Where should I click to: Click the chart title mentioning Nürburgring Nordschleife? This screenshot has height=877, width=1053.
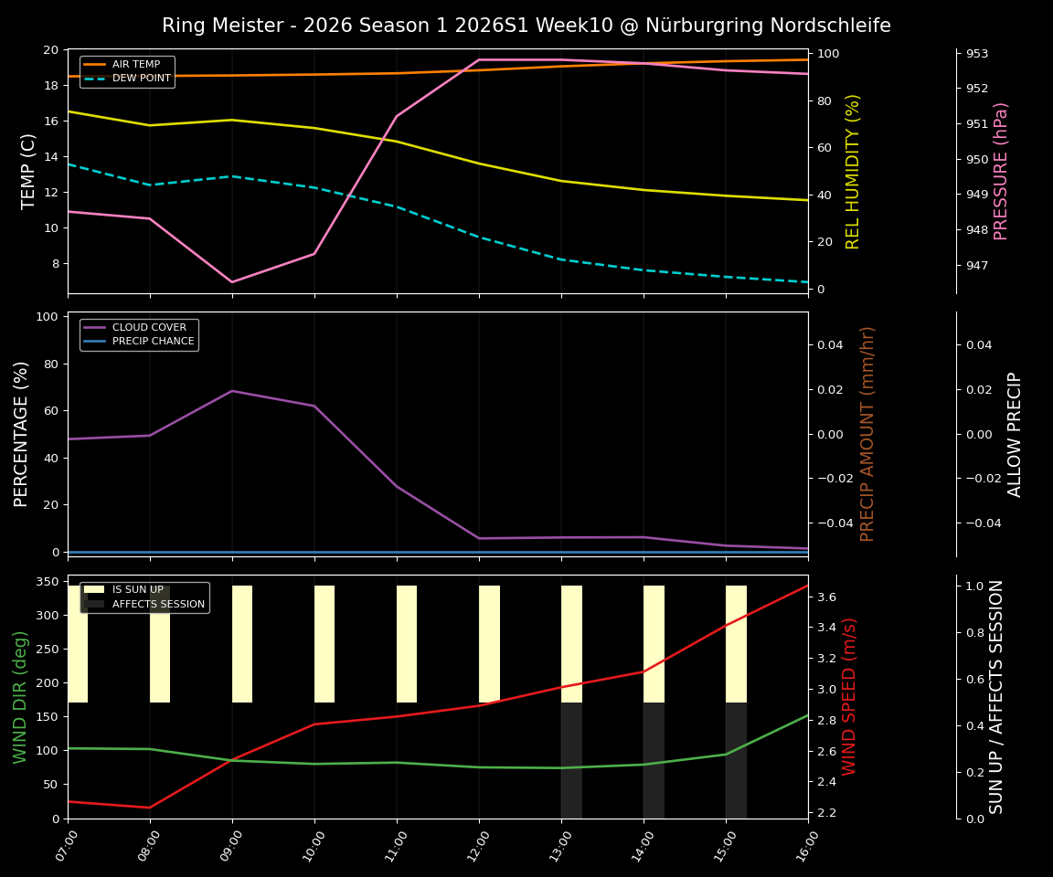(526, 26)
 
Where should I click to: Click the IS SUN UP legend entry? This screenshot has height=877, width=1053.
(137, 590)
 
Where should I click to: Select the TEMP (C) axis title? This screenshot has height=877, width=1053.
(29, 171)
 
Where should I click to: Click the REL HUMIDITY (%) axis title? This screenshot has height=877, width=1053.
(853, 171)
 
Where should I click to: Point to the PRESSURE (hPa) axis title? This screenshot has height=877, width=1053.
(1001, 171)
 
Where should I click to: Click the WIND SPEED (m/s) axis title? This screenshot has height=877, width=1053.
(850, 696)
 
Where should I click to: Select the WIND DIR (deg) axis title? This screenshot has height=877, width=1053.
(20, 696)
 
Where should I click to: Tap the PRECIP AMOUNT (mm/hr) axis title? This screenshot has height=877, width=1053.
(867, 434)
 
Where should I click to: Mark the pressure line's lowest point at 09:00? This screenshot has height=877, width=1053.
(232, 281)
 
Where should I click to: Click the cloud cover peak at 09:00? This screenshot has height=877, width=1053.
(232, 391)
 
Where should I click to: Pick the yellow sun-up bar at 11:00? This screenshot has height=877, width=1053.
(407, 644)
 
